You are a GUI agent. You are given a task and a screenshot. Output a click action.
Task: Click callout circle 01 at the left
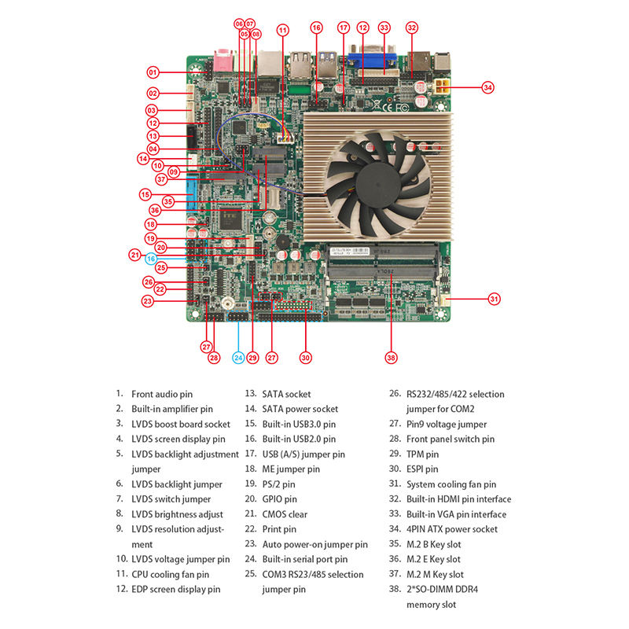tap(153, 72)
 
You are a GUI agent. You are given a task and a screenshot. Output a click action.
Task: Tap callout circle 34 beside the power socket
tap(487, 87)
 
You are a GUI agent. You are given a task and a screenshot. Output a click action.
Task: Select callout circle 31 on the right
tap(495, 299)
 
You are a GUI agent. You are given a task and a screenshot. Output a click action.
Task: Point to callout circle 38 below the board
tap(391, 358)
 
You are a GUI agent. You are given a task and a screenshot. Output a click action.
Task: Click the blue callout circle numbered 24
tap(239, 358)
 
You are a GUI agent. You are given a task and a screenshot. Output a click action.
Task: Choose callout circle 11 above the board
tap(283, 30)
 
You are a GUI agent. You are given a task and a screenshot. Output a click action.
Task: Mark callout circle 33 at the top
tap(384, 28)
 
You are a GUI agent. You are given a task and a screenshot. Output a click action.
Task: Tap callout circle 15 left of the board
tap(145, 195)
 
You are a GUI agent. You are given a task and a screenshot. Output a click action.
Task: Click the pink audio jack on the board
tap(223, 61)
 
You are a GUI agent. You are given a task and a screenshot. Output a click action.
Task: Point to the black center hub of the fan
tap(377, 181)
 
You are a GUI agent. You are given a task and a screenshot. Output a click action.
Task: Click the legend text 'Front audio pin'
tap(162, 395)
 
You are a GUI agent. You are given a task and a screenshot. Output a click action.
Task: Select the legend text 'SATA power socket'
tap(300, 409)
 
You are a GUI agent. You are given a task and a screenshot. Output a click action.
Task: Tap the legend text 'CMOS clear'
tap(285, 514)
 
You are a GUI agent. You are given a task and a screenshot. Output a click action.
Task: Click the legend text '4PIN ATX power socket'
tap(452, 529)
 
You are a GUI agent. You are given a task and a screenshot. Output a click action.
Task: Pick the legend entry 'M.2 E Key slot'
tap(433, 559)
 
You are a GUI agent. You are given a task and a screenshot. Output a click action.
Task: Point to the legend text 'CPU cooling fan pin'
tap(170, 575)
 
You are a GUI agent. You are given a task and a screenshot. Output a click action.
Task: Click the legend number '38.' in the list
tap(395, 589)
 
